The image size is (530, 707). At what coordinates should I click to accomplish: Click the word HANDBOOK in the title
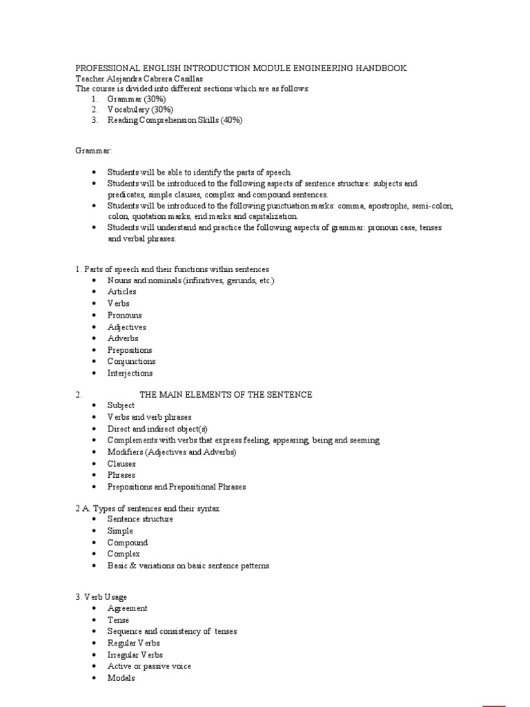381,68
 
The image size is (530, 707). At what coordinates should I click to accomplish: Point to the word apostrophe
391,206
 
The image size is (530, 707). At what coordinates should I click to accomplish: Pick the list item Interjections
130,373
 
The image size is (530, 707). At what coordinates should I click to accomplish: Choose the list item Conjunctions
131,361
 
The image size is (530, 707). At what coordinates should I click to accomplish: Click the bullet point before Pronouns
93,316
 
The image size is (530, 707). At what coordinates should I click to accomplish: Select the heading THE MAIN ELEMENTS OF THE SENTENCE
226,395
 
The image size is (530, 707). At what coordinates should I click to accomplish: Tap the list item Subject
121,406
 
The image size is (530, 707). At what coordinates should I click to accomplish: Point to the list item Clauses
121,464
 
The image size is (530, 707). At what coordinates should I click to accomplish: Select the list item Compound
127,543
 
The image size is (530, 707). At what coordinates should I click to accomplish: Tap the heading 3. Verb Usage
101,597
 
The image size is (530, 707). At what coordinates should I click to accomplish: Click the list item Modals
121,678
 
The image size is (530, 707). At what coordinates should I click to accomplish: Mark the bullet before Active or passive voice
93,667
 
